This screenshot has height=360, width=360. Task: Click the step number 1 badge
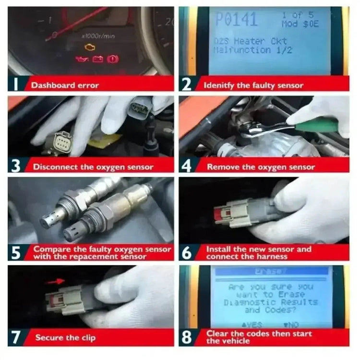click(15, 85)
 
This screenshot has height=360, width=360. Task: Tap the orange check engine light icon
click(89, 47)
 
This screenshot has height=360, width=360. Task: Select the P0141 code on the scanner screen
click(236, 20)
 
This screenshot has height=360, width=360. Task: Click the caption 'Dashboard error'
click(65, 85)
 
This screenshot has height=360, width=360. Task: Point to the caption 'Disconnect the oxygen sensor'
click(93, 167)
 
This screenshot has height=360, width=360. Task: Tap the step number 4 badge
click(187, 167)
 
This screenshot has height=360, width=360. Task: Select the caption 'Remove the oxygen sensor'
click(261, 167)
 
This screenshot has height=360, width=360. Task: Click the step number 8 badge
click(187, 337)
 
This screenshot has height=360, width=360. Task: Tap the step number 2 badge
click(187, 85)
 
